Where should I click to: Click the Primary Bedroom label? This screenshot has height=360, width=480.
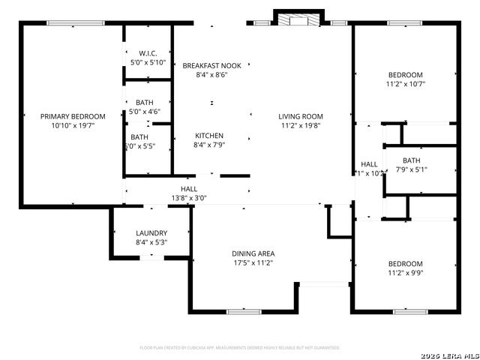73,116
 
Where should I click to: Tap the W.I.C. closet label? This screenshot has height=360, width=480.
147,53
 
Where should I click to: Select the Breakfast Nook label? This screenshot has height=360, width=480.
211,66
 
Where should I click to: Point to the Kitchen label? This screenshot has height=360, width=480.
209,136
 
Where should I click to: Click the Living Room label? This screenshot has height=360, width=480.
300,116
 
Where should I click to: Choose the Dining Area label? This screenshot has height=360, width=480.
252,253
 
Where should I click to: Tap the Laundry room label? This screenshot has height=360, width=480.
151,233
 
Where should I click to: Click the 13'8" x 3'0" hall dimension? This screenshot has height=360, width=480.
188,198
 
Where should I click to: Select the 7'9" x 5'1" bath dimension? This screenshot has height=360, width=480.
411,169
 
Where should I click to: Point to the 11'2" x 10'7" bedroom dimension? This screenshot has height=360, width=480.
405,84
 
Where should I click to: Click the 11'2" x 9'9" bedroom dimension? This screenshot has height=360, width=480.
405,273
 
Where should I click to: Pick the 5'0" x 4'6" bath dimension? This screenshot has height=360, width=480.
145,111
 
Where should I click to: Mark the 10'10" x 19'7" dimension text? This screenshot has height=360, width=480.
73,126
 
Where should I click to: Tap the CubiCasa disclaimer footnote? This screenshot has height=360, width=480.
240,348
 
